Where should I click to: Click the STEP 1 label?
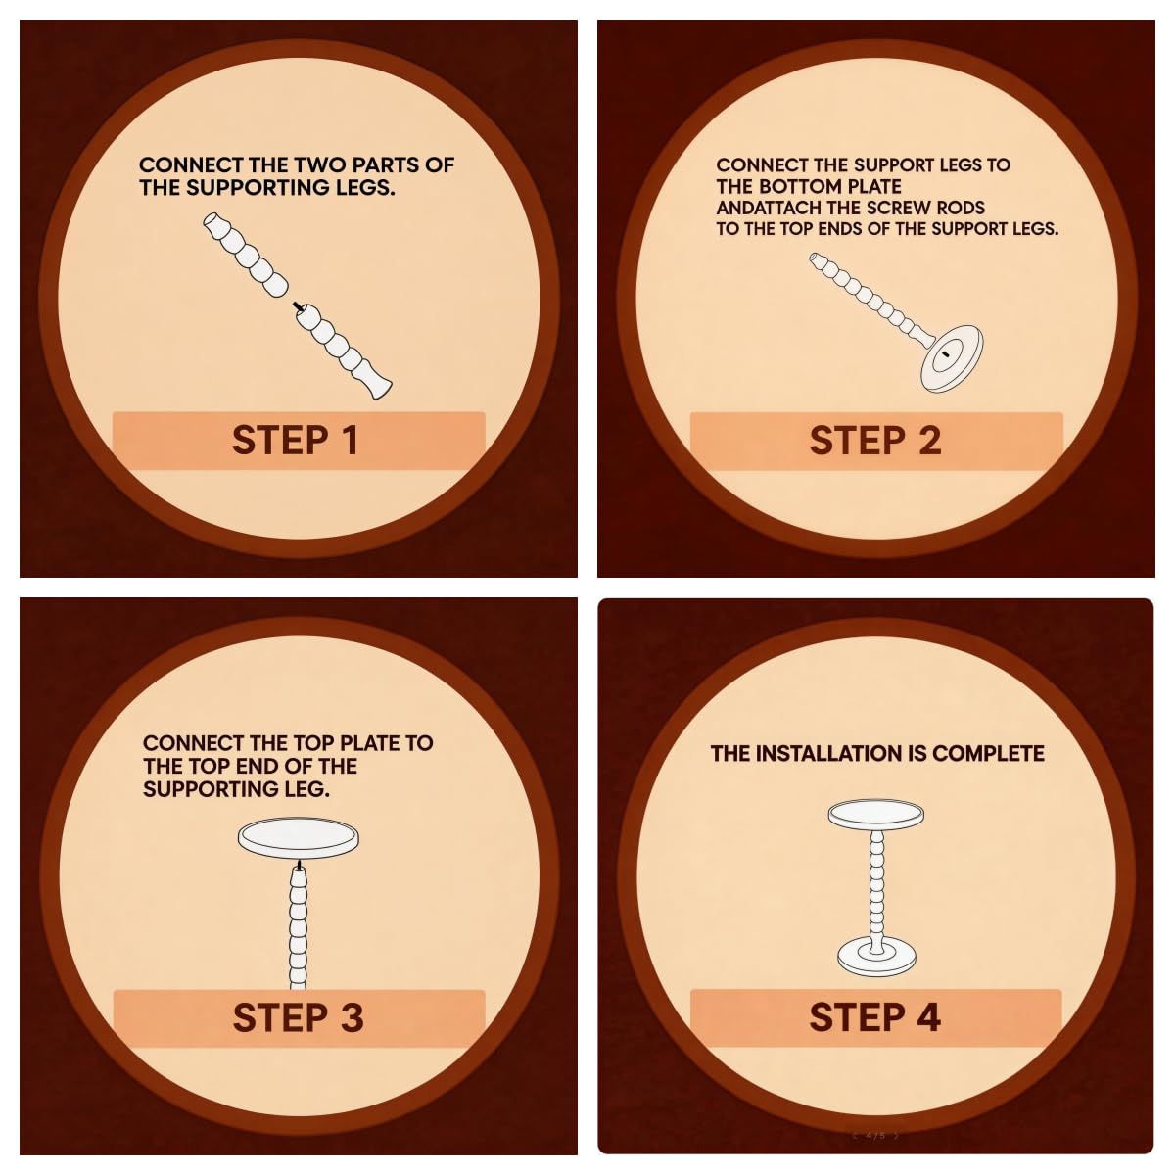click(x=295, y=441)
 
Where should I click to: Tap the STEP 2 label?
click(x=875, y=441)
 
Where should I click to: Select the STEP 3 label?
click(x=299, y=1017)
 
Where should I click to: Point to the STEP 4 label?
click(x=875, y=1017)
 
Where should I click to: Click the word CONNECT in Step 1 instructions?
click(x=183, y=164)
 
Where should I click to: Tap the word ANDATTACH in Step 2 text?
click(x=769, y=208)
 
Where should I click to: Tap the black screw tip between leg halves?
click(x=297, y=305)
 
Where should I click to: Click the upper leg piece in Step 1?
click(x=245, y=255)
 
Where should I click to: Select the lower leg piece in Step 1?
click(x=344, y=352)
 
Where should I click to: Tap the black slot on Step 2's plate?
click(x=946, y=353)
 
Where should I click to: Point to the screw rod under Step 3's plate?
click(x=299, y=864)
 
